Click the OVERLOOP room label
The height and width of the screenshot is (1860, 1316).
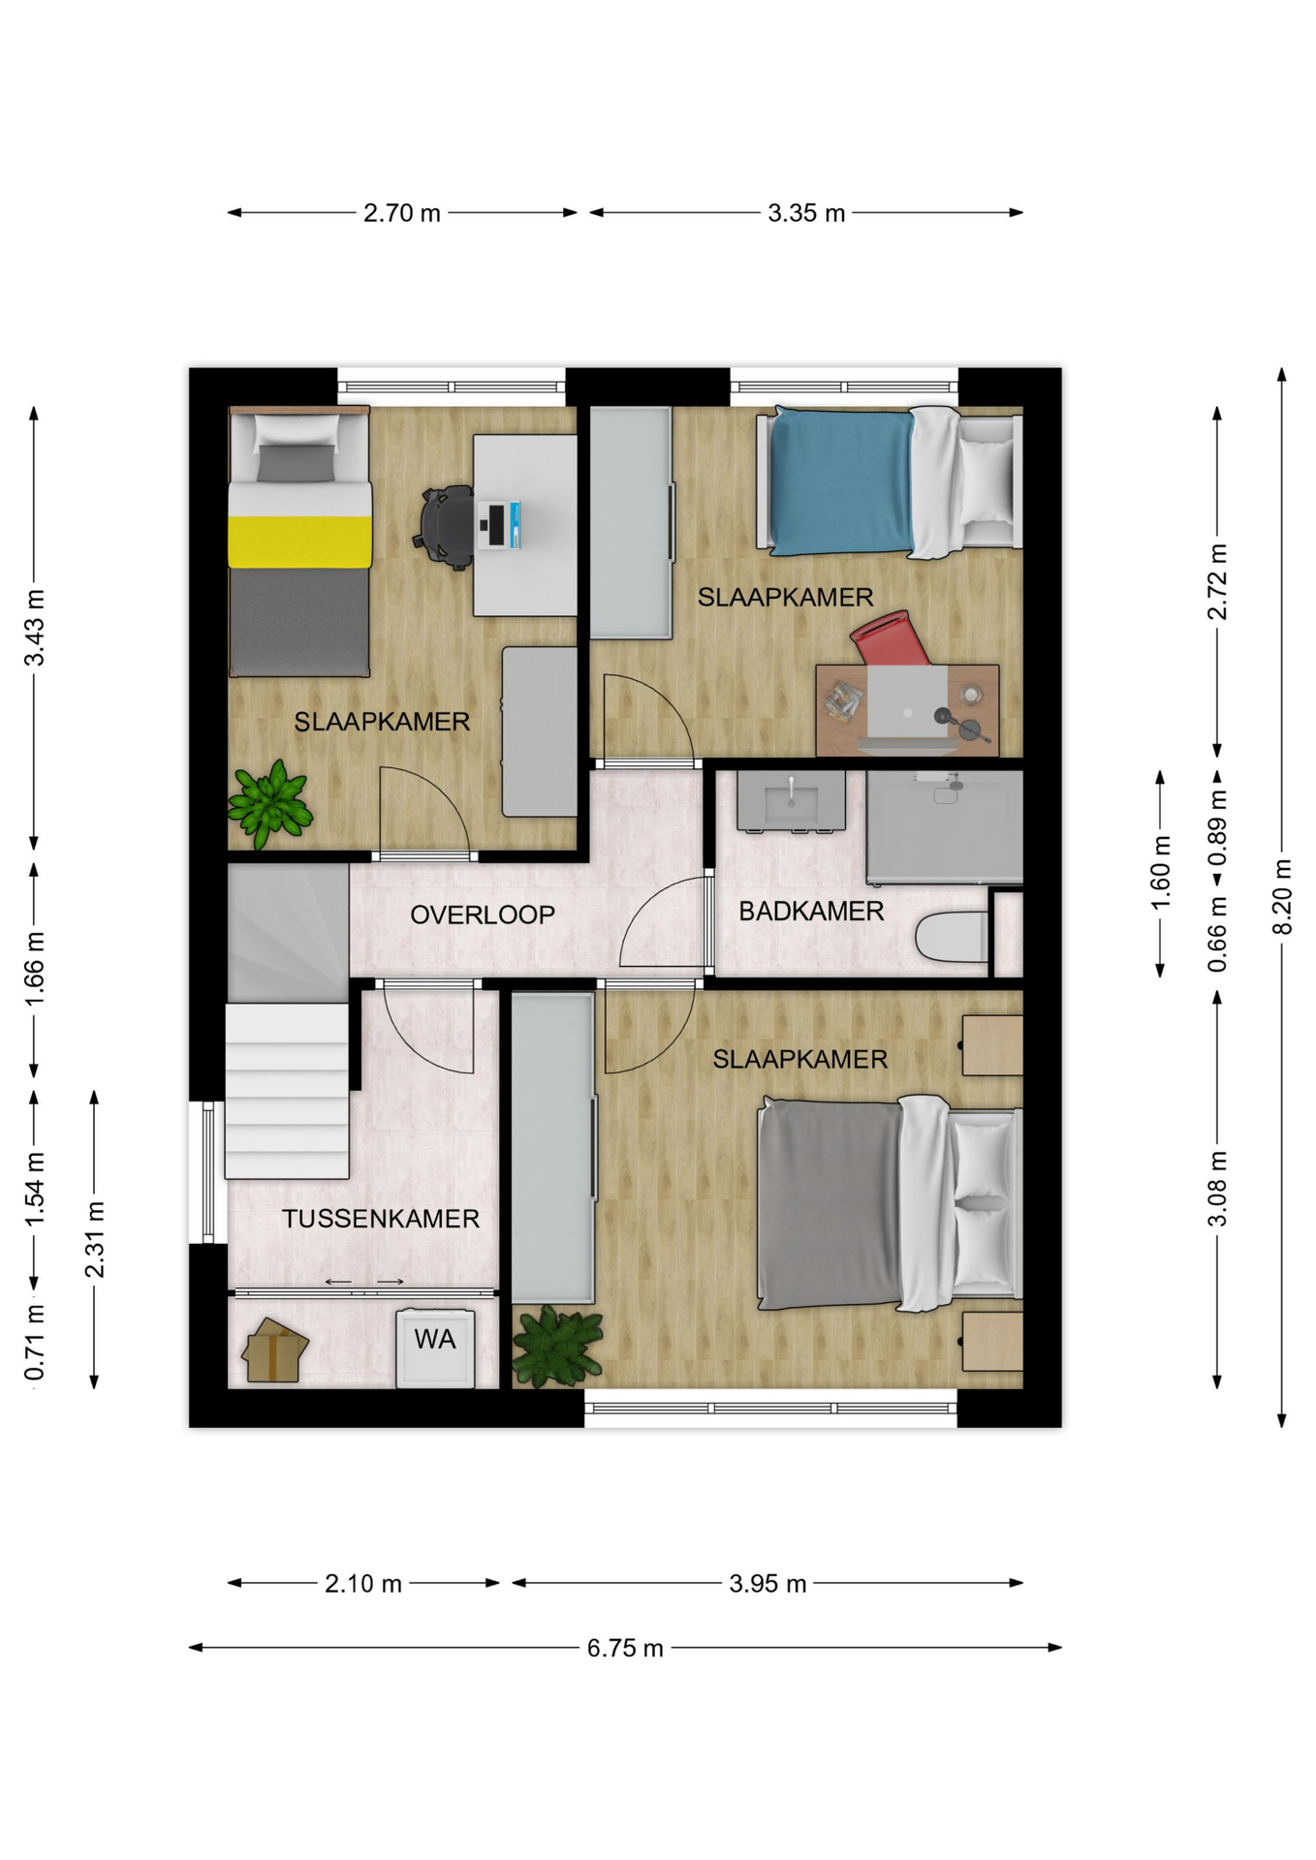[x=483, y=914]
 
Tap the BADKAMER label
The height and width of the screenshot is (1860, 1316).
[x=811, y=912]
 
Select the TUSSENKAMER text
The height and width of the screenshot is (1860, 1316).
[x=381, y=1219]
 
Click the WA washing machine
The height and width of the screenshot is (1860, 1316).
[x=435, y=1348]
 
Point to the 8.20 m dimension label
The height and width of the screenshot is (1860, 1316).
[x=1282, y=897]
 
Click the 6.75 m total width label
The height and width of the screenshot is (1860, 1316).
[x=625, y=1648]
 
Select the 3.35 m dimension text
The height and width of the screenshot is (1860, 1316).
[x=806, y=213]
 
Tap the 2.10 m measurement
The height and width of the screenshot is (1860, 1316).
[x=363, y=1584]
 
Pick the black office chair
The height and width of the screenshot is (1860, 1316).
[x=447, y=526]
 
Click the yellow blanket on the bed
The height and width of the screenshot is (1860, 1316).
[x=299, y=542]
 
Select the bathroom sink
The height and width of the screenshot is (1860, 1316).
[x=791, y=801]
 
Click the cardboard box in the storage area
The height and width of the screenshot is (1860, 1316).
[x=275, y=1349]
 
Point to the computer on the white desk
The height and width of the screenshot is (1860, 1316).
[x=500, y=525]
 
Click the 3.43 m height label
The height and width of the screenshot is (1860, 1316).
[x=35, y=628]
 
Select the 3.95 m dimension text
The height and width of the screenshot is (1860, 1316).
[x=768, y=1584]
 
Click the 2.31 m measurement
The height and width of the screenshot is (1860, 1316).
[x=95, y=1240]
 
